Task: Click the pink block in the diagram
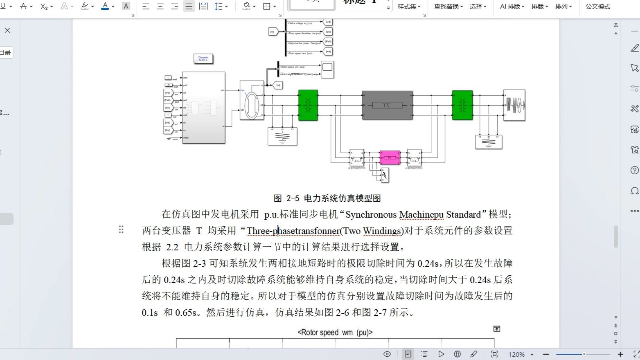pos(390,157)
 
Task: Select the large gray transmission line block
pos(387,105)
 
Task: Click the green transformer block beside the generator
pos(308,105)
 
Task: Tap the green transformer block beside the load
pos(462,105)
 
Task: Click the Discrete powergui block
pos(203,59)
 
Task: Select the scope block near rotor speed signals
pos(327,69)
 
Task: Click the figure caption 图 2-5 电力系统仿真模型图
pos(327,198)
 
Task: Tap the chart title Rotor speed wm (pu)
pos(335,333)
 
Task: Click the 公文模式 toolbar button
pos(597,7)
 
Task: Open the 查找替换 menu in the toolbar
pos(448,7)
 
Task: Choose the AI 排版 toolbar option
pos(512,7)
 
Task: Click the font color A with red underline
pos(105,6)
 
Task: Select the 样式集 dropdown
pos(409,7)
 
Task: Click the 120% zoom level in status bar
pos(516,354)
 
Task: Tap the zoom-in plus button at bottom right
pos(620,354)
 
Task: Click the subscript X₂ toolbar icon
pos(44,7)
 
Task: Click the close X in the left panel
pos(7,30)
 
